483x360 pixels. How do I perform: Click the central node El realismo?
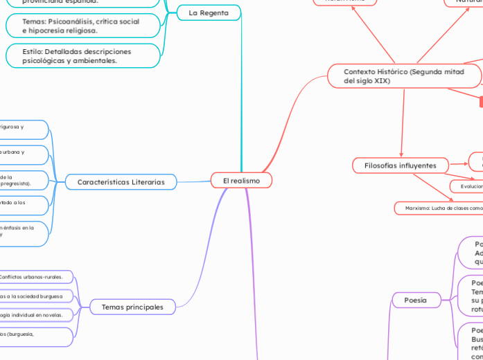coord(241,181)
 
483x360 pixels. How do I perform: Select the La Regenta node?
coord(209,13)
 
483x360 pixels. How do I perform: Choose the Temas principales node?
coord(132,307)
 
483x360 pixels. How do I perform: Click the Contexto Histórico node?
coord(404,75)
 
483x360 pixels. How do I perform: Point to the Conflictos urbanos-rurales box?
coord(35,278)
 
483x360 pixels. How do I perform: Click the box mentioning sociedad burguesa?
coord(35,296)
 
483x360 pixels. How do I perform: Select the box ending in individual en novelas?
coord(35,315)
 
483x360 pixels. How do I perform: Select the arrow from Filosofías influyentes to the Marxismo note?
coord(434,187)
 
